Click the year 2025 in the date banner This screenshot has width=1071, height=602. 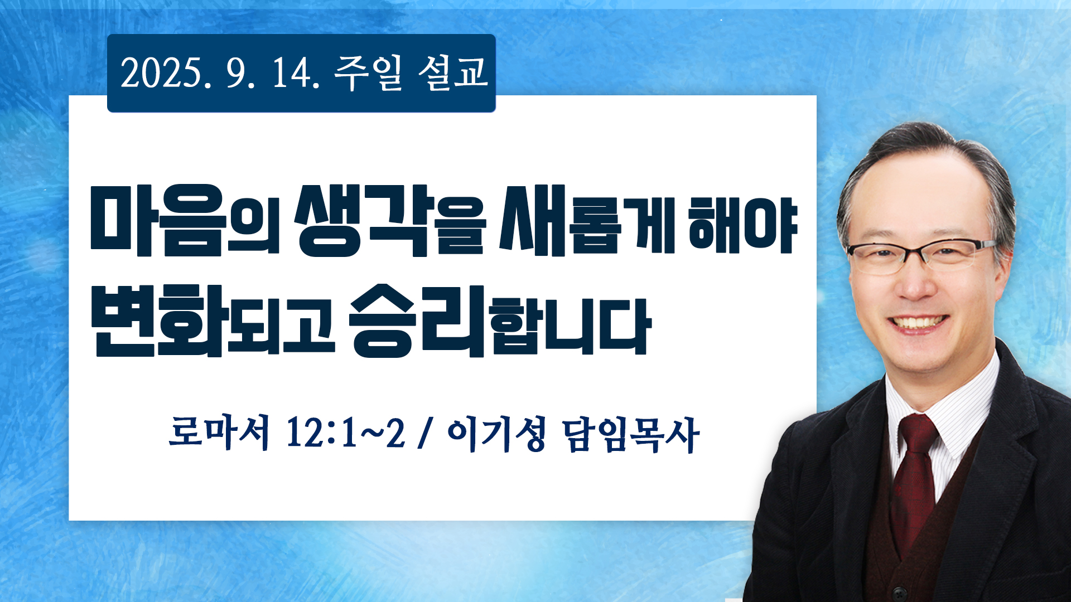tap(161, 73)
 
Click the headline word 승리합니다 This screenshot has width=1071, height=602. tap(500, 321)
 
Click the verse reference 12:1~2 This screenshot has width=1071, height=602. tap(346, 433)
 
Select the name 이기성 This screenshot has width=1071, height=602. tap(496, 434)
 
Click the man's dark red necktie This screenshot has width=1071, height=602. tap(914, 479)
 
